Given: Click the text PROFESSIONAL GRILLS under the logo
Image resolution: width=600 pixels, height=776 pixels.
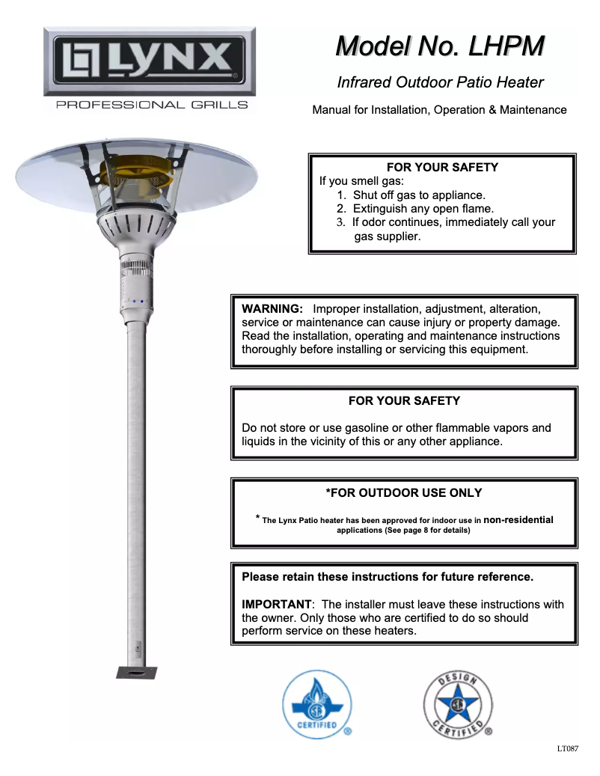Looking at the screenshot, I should tap(152, 105).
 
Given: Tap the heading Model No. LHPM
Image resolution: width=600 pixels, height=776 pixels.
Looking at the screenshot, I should tap(440, 46).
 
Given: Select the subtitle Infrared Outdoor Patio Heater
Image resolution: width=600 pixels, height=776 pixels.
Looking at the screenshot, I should tap(440, 82).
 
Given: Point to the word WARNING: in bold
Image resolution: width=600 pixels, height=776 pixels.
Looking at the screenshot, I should tap(272, 309).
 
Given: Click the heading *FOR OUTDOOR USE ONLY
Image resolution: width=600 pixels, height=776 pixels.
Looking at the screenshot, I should tap(404, 492).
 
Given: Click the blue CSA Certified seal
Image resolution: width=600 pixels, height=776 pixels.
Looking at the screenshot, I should tap(316, 704).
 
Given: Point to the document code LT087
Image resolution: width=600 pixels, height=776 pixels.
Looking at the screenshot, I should tap(568, 748).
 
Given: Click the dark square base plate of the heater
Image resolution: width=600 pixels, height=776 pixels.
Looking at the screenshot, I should tap(136, 671).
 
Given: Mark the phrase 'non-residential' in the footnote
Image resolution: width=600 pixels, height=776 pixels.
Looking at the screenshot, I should tap(518, 519).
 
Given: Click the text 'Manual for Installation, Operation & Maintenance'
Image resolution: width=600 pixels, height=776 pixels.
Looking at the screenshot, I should tap(439, 110).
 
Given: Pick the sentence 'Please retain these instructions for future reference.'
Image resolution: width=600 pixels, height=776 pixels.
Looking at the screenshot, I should tap(388, 577).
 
